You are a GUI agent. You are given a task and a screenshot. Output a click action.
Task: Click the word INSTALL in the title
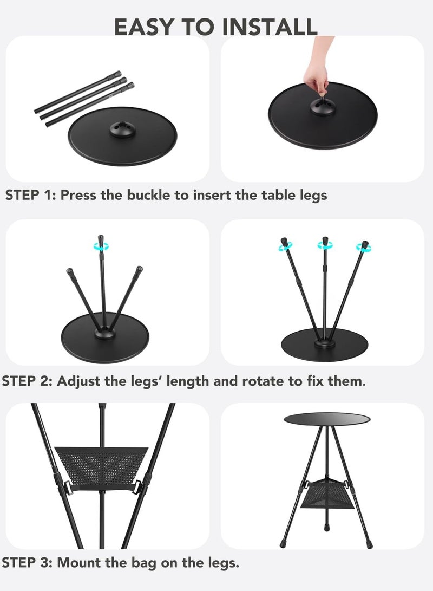(x=269, y=27)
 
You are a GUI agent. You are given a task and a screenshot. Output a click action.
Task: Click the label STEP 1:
(x=30, y=195)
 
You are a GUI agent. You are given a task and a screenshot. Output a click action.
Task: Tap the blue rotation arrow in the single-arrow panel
(x=101, y=246)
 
